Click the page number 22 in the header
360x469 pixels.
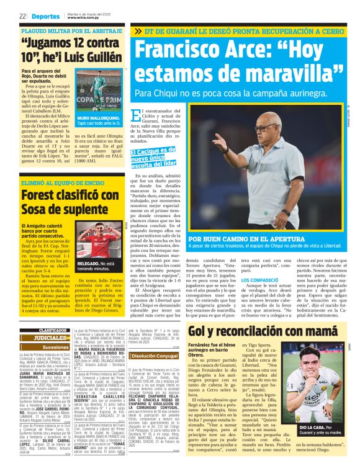coord(22,16)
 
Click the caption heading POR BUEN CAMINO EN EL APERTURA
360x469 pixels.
coord(244,239)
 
